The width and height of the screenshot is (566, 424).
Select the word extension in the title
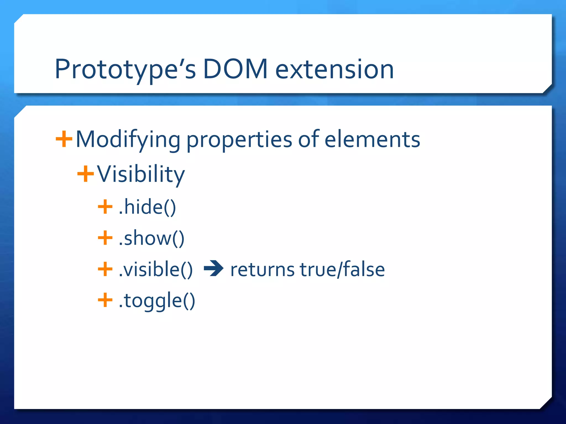point(334,70)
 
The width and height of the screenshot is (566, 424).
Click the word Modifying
point(128,140)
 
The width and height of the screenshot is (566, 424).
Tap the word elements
point(372,139)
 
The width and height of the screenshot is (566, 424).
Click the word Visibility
point(141,174)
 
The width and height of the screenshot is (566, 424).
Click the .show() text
point(151,238)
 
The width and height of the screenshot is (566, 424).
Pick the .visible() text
point(155,269)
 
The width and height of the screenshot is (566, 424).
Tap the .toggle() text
point(157,301)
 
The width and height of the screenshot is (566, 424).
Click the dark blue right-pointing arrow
point(214,268)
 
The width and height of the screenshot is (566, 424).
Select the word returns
point(262,270)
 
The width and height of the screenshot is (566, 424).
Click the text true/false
point(342,269)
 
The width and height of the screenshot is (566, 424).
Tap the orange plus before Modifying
point(64,139)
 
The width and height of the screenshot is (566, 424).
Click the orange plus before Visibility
point(85,174)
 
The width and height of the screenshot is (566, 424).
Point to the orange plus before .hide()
point(105,207)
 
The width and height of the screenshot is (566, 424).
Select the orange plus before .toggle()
point(105,300)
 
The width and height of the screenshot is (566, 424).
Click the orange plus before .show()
point(105,238)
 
